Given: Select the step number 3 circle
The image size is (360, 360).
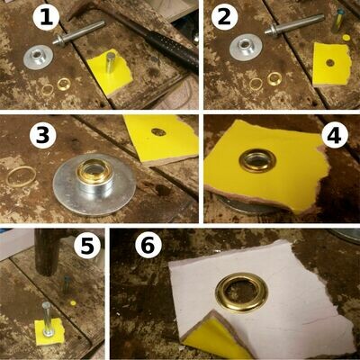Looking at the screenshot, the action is click(43, 136).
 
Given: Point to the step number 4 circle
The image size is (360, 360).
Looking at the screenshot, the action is click(335, 136).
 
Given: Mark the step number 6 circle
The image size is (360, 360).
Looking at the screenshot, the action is click(149, 246).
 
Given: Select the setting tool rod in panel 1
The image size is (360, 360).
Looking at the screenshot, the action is click(78, 32).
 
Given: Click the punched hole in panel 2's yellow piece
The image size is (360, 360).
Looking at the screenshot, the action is click(330, 63).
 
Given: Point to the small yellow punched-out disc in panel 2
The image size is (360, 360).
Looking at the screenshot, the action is click(346, 38).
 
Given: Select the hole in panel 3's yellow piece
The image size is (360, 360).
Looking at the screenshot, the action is click(158, 131).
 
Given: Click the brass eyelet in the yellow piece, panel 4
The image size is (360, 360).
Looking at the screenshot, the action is click(257, 159).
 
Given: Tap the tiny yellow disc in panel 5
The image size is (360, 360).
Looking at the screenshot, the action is click(73, 303).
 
